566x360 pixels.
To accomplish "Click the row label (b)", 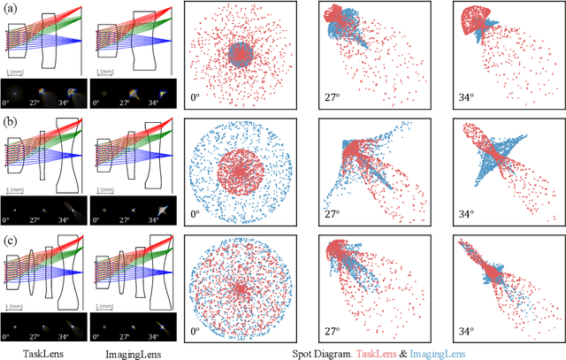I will (9, 122).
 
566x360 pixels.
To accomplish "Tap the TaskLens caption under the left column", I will (44, 352).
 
